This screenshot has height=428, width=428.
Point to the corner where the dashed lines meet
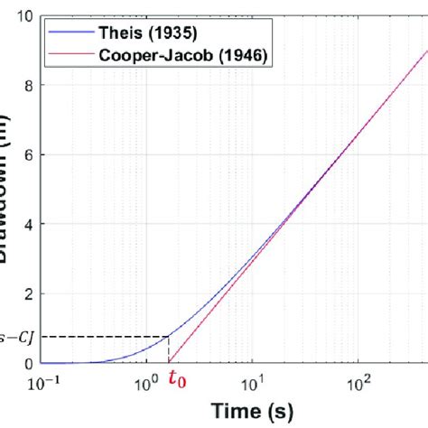click(169, 337)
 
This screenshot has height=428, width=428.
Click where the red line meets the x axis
click(169, 363)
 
